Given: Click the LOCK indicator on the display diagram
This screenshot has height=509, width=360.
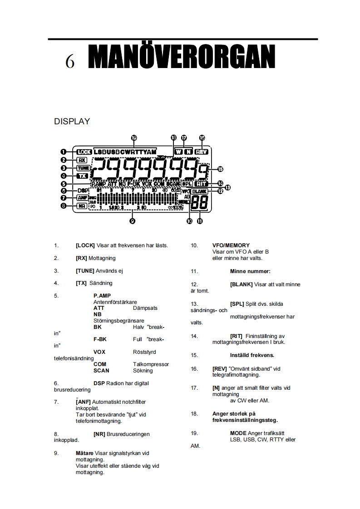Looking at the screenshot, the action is [84, 152].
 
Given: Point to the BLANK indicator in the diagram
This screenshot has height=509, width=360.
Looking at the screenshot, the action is [199, 192].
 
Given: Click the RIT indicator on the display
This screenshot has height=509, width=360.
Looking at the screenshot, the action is [201, 184].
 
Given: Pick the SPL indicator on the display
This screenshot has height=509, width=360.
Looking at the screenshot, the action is [187, 184].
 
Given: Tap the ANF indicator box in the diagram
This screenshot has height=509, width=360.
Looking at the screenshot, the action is [82, 198].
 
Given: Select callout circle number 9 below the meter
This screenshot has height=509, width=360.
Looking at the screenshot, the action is [132, 221].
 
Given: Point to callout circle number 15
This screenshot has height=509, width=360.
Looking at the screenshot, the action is [220, 169].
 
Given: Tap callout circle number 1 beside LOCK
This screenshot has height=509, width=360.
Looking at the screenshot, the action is [64, 152].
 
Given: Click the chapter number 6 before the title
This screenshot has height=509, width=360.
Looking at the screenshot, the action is [69, 62].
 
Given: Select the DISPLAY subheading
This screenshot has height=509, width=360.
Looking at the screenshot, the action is [72, 122].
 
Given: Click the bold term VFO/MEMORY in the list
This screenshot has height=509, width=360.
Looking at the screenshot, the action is [231, 245].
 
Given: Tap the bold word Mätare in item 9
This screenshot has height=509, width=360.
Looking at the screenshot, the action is [84, 453].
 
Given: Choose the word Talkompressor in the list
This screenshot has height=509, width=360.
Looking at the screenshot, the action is [151, 364].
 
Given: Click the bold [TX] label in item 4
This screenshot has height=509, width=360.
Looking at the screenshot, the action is [81, 283].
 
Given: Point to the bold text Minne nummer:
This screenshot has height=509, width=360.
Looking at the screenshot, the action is [250, 271].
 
